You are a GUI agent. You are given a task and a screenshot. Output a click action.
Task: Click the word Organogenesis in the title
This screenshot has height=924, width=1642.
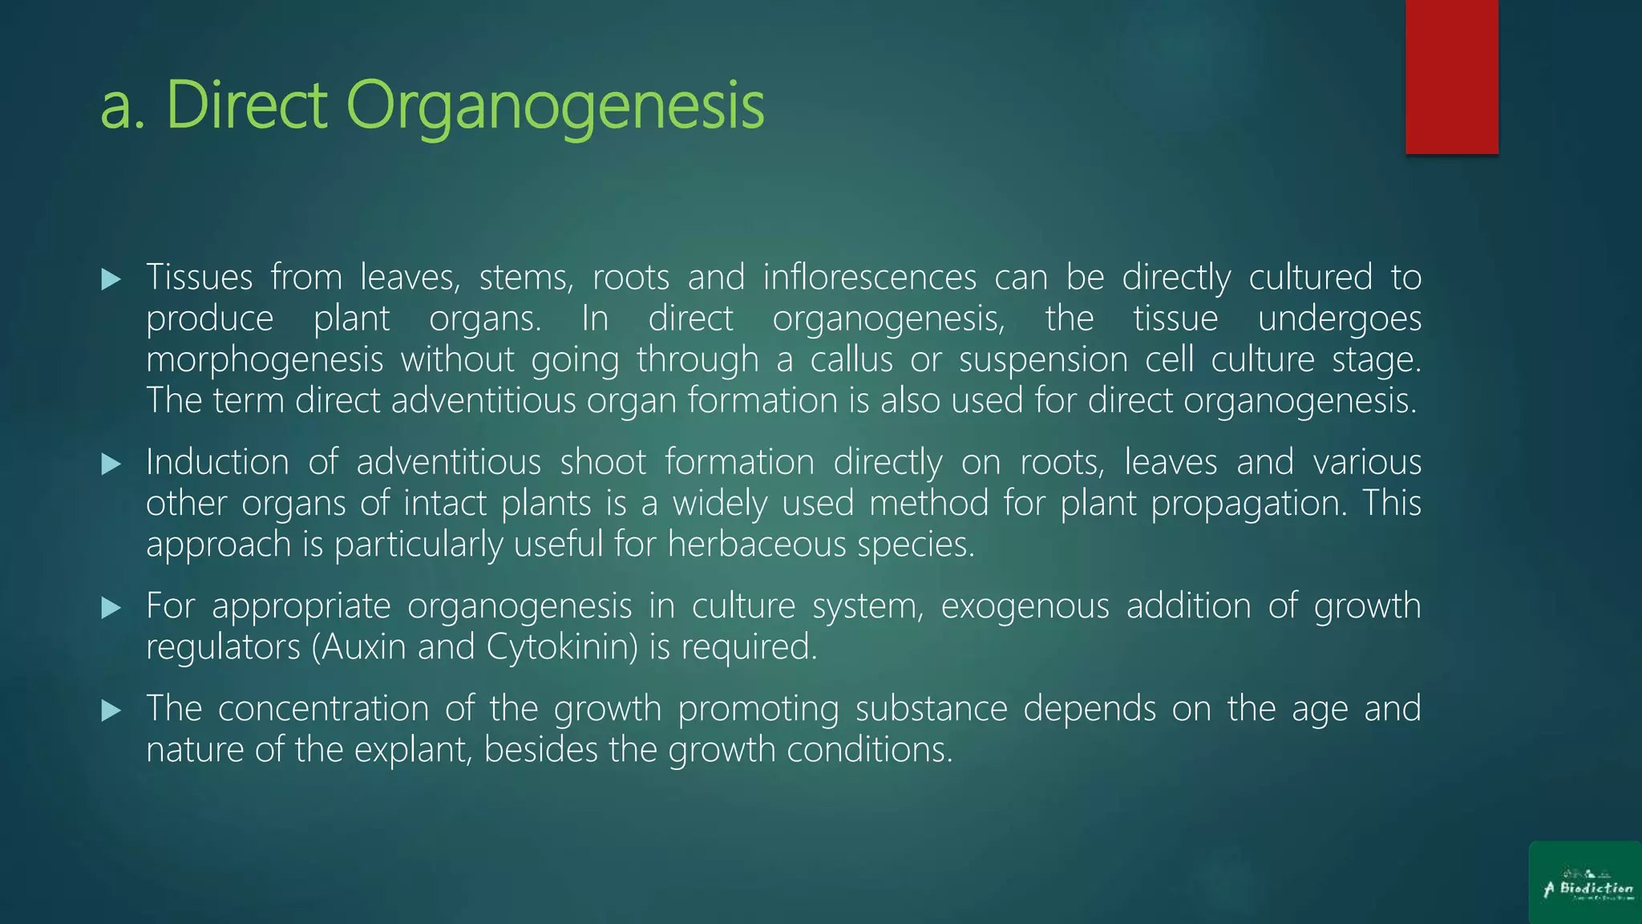point(555,106)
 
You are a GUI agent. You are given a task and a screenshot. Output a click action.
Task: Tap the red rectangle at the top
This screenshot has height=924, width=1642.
point(1451,76)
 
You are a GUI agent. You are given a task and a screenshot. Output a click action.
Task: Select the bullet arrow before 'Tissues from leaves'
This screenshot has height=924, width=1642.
point(111,279)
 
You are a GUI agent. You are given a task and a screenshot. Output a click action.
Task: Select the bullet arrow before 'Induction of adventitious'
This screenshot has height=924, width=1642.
point(111,464)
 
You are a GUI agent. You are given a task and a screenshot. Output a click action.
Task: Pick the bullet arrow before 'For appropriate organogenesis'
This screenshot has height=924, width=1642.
point(111,607)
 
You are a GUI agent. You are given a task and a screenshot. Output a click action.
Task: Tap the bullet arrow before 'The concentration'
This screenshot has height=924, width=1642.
point(111,710)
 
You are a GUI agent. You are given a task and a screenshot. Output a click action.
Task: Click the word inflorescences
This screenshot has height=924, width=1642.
point(869,278)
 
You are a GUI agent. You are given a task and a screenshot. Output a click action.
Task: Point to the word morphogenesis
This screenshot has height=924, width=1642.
point(265,360)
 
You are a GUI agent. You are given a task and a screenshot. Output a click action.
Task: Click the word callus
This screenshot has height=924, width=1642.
point(851,359)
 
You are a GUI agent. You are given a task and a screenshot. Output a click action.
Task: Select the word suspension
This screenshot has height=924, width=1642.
point(1043,360)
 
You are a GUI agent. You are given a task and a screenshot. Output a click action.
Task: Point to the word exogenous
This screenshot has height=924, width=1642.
point(1024,606)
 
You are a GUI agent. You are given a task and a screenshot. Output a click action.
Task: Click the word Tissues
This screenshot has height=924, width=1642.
point(200,278)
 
